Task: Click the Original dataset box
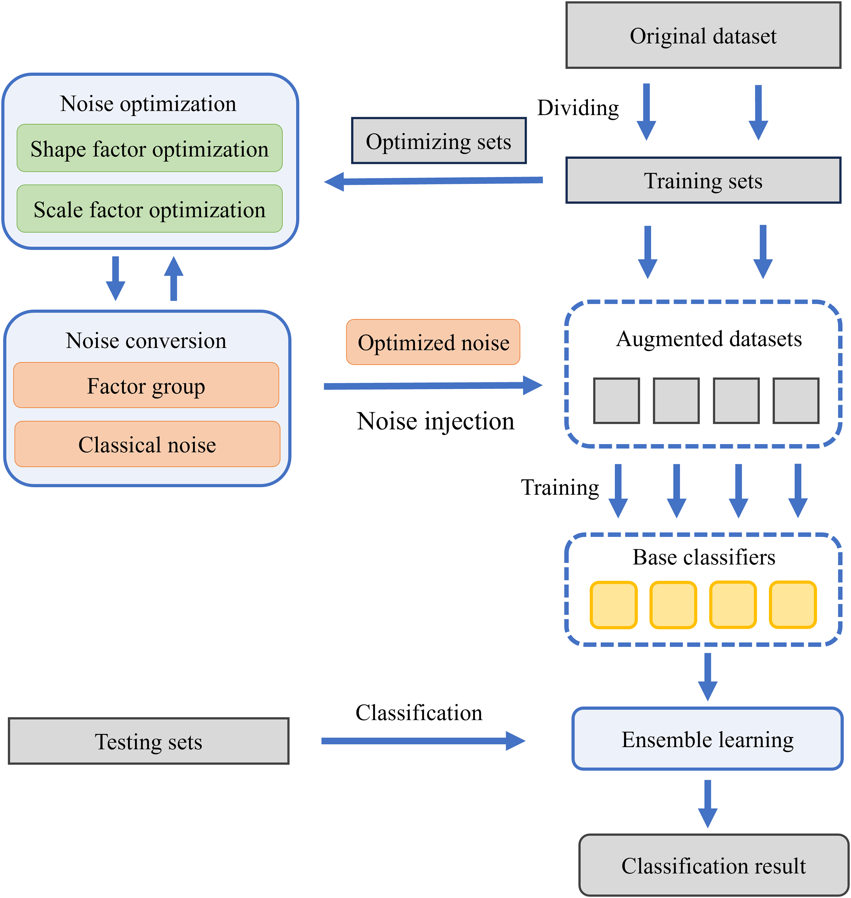(x=703, y=35)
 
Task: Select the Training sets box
(x=703, y=181)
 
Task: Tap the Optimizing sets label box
(x=439, y=141)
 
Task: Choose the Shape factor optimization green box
(x=150, y=148)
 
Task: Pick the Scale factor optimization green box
(x=150, y=209)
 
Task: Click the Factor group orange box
(x=146, y=386)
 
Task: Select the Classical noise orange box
(x=147, y=444)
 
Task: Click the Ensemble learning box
(x=707, y=739)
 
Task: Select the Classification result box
(x=714, y=865)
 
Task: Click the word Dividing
(x=578, y=108)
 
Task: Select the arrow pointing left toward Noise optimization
(x=433, y=181)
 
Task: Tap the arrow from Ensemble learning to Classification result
(x=707, y=804)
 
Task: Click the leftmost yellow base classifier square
(x=613, y=605)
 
